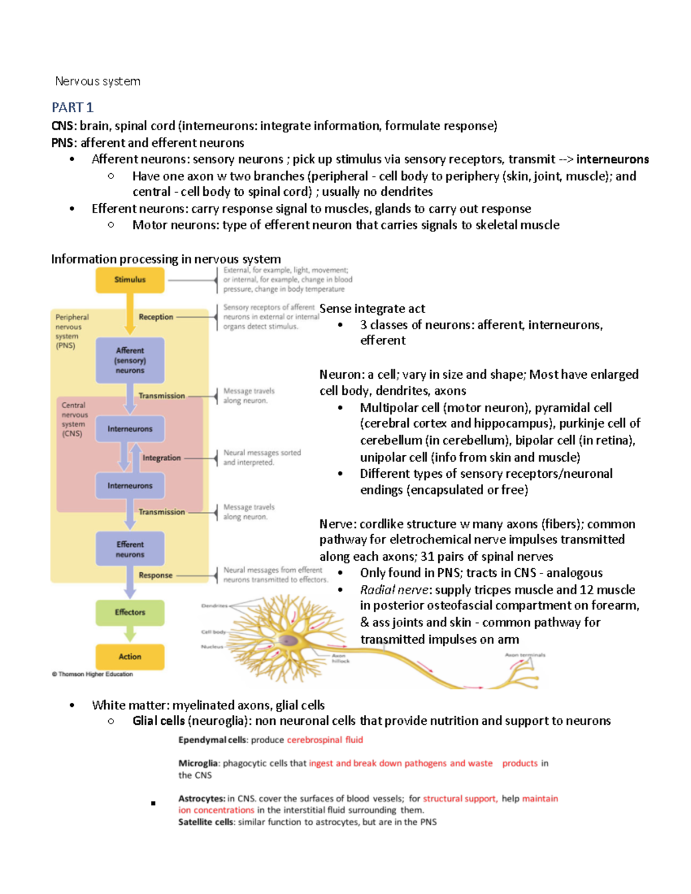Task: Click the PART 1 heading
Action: (x=73, y=108)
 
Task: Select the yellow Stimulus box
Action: (x=130, y=280)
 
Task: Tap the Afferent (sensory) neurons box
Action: (x=130, y=360)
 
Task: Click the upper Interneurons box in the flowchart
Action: (x=130, y=429)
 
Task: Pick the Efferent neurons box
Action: (x=130, y=549)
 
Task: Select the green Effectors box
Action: (x=130, y=613)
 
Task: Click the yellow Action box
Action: (x=130, y=657)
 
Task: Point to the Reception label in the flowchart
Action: (x=155, y=317)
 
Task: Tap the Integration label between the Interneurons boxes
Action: (x=161, y=458)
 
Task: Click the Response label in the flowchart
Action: (x=155, y=575)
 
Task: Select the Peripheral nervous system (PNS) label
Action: (x=71, y=332)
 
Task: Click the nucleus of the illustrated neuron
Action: (x=288, y=641)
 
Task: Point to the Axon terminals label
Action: (x=525, y=655)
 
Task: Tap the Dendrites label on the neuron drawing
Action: (x=214, y=606)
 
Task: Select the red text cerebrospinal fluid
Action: (x=325, y=740)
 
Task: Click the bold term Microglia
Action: (x=198, y=764)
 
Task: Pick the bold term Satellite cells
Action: (x=206, y=823)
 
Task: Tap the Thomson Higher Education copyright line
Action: (x=93, y=674)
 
